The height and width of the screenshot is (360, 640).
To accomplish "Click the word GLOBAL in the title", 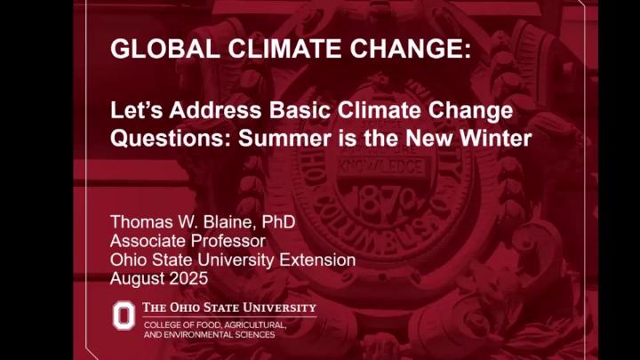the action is point(165,49).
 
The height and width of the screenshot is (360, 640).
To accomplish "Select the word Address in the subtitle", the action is point(215,110).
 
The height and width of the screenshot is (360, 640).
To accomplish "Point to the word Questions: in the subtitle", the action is point(171,139).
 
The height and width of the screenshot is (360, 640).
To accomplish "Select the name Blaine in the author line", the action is point(228,221).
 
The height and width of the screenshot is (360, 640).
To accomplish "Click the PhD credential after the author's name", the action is point(278,221).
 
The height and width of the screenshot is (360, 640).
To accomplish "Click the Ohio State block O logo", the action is point(124,316).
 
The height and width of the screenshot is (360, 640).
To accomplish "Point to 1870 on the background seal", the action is point(385,203).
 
